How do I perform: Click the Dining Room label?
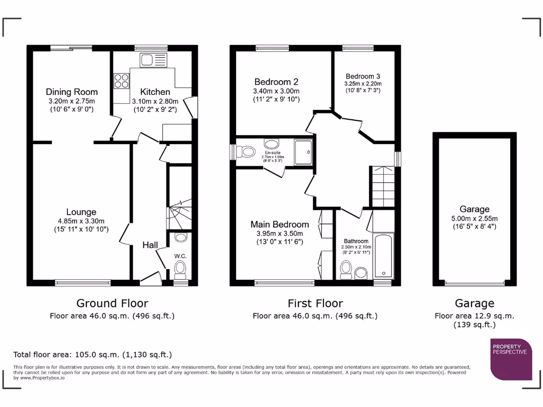72,92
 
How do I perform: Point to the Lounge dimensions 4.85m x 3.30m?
81,221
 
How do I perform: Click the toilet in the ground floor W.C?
180,269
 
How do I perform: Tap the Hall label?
150,245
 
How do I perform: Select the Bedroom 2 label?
276,82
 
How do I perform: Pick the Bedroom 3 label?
363,76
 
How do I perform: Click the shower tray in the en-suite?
304,152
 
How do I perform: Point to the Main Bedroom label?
279,224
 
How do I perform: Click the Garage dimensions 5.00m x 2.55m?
474,218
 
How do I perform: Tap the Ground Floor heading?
112,303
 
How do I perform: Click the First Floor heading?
315,303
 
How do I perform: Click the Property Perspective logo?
511,359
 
